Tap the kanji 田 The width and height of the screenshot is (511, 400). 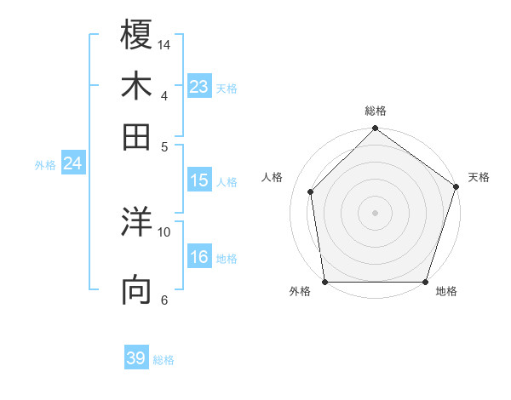(137, 136)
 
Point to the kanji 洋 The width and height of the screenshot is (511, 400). (137, 223)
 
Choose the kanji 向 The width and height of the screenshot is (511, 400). (137, 290)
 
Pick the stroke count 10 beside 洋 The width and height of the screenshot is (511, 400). (164, 231)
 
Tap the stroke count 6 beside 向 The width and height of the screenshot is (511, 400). (164, 300)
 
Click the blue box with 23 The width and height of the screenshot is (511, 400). (199, 86)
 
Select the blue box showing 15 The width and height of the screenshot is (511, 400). (199, 180)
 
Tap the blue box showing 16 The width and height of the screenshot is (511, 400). (199, 257)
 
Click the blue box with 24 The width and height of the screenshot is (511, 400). (72, 163)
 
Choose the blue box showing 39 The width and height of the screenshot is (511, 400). (136, 358)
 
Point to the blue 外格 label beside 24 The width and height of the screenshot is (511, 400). (44, 165)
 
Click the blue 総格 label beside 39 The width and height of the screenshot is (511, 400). (164, 360)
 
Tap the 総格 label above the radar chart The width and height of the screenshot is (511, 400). (375, 111)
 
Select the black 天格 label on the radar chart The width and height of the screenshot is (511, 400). (479, 177)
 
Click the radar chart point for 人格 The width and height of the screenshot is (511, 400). (311, 191)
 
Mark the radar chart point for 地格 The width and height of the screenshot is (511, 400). (425, 282)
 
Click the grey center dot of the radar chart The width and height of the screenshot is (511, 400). (375, 212)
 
